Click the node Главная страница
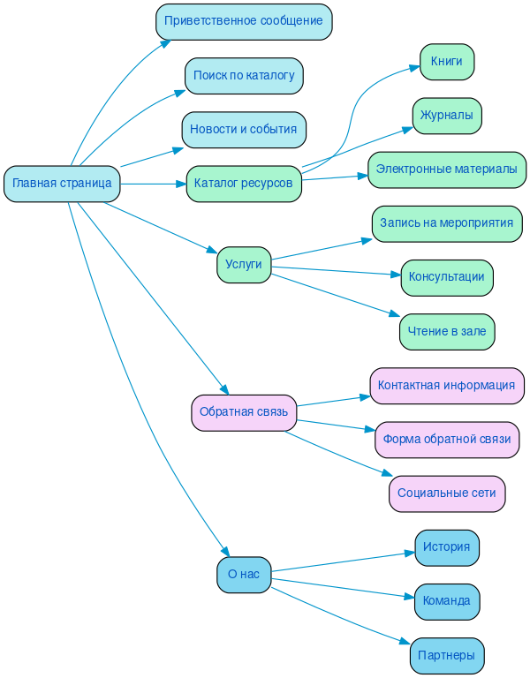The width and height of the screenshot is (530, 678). (x=62, y=184)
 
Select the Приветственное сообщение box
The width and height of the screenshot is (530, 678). (x=244, y=21)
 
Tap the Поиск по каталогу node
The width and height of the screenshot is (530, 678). (x=244, y=76)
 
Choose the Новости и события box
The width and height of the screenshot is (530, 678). (x=244, y=130)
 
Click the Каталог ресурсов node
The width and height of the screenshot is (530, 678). (x=244, y=184)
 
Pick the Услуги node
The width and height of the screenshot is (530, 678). (x=244, y=265)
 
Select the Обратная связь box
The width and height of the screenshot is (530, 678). (x=244, y=412)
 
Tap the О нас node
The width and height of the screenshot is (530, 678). (x=244, y=575)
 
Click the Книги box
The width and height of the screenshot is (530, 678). (x=447, y=62)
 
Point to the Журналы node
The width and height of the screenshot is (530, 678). (x=447, y=116)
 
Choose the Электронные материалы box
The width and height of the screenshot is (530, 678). (x=447, y=169)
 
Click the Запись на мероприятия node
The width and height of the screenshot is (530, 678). (x=447, y=224)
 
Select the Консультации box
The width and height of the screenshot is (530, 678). (x=447, y=277)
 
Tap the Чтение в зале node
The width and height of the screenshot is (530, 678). (x=447, y=332)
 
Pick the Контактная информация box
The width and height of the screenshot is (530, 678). (x=447, y=386)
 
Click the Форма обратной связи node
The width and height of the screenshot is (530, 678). (x=447, y=440)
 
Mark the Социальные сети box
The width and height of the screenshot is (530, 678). (x=447, y=493)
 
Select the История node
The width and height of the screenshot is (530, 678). (x=447, y=547)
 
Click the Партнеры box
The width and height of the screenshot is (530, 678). (x=447, y=656)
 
